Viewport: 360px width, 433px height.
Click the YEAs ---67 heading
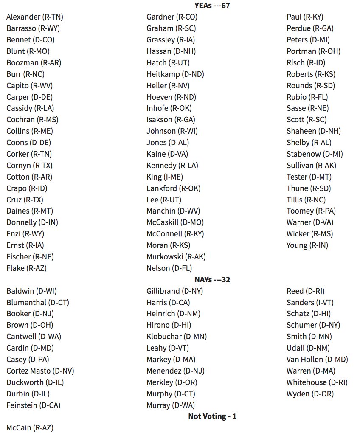pyautogui.click(x=212, y=6)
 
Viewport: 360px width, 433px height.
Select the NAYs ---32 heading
pyautogui.click(x=212, y=279)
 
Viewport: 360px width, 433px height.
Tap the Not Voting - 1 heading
pyautogui.click(x=212, y=416)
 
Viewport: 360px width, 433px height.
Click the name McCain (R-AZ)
pyautogui.click(x=30, y=428)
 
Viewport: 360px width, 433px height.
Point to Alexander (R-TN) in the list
pyautogui.click(x=35, y=17)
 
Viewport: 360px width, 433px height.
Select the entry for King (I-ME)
pyautogui.click(x=165, y=177)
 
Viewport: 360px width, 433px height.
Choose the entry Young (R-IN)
pyautogui.click(x=307, y=245)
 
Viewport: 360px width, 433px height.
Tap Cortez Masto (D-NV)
pyautogui.click(x=40, y=371)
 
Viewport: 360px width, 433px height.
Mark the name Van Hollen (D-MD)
pyautogui.click(x=317, y=360)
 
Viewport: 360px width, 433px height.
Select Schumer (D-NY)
pyautogui.click(x=313, y=325)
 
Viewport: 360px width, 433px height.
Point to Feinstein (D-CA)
pyautogui.click(x=34, y=405)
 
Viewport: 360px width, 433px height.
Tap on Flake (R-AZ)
pyautogui.click(x=26, y=268)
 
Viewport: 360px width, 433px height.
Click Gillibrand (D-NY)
pyautogui.click(x=174, y=291)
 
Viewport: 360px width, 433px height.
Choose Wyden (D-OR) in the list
pyautogui.click(x=310, y=394)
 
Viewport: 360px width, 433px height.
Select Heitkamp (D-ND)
pyautogui.click(x=175, y=74)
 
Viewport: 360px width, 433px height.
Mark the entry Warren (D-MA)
pyautogui.click(x=311, y=371)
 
